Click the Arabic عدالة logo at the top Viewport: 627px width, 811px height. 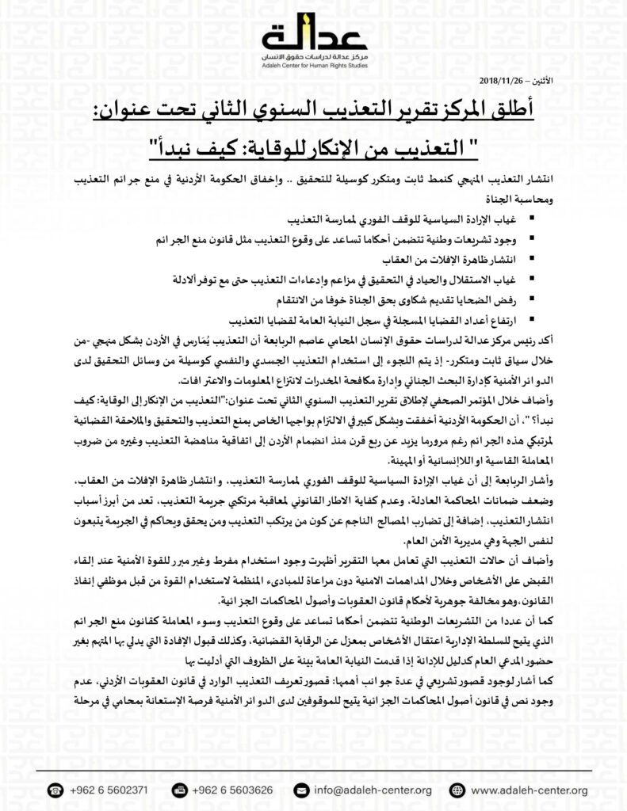pos(315,33)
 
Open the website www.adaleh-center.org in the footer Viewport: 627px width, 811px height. pos(526,790)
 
